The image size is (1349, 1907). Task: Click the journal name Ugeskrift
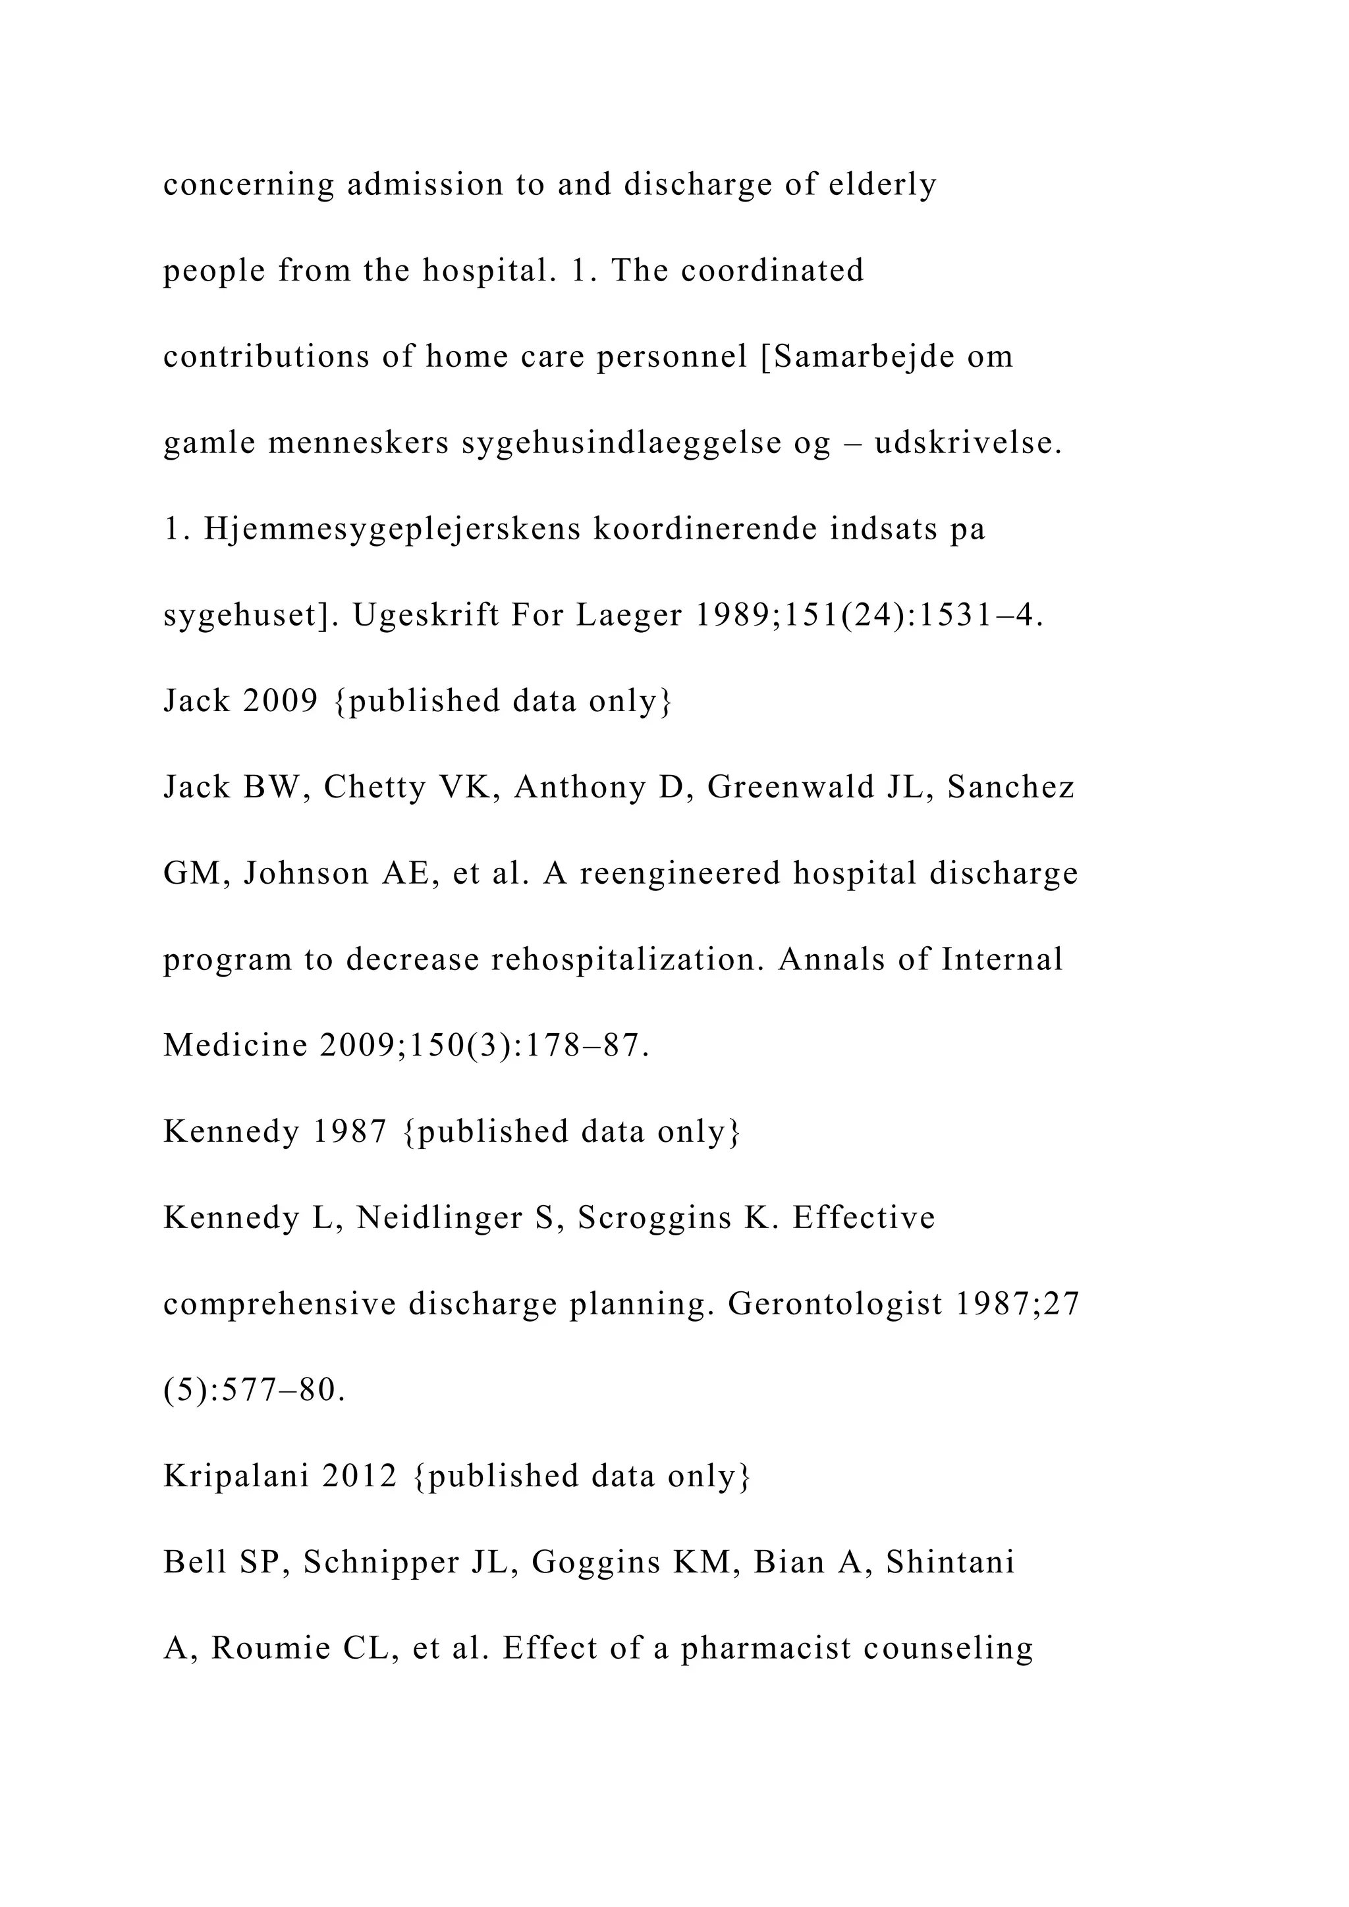pyautogui.click(x=424, y=616)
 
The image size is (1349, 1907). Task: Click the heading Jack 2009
pyautogui.click(x=241, y=701)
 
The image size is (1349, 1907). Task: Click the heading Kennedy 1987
pyautogui.click(x=275, y=1131)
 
